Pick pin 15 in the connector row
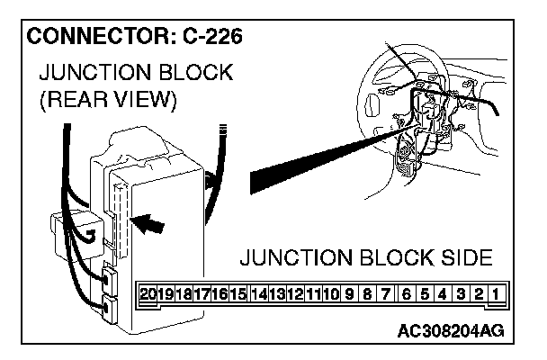[238, 292]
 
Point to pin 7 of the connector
[384, 292]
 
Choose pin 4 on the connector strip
[441, 292]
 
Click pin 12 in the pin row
[293, 292]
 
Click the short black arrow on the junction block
[151, 222]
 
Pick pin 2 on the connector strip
[478, 292]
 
